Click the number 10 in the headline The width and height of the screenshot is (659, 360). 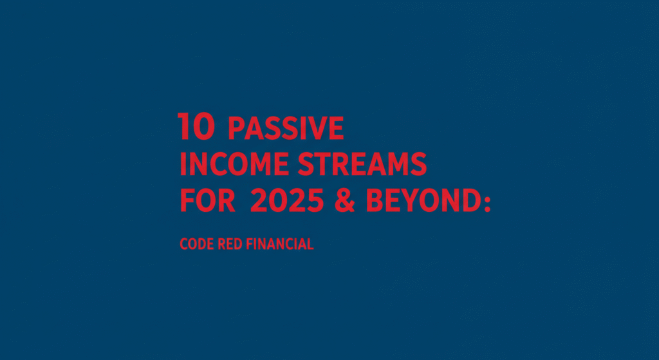196,126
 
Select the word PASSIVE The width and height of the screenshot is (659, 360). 286,128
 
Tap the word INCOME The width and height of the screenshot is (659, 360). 234,164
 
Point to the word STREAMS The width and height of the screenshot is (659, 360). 362,164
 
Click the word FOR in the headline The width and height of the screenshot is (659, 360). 208,200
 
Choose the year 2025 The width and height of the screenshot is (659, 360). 287,200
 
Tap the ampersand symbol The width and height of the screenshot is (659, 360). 345,200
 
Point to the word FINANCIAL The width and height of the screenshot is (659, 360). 280,244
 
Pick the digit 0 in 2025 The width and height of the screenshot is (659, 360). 278,200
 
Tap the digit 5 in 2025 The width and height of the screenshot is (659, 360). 315,200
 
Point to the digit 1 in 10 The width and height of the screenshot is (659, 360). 183,126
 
